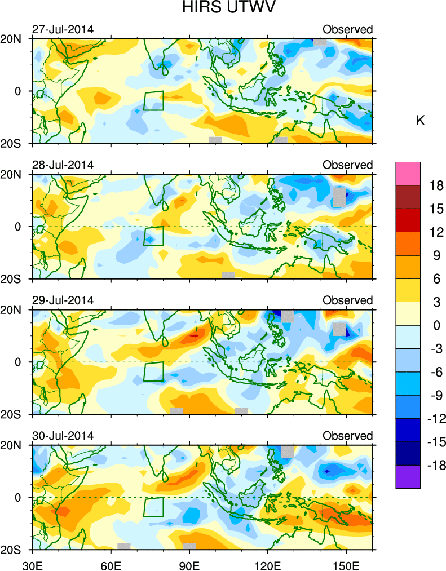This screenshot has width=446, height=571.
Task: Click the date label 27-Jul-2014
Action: (x=63, y=29)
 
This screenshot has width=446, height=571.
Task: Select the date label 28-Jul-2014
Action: (x=63, y=165)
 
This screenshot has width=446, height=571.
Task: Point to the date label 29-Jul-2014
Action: (x=63, y=300)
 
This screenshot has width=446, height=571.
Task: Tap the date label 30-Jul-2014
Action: (x=63, y=436)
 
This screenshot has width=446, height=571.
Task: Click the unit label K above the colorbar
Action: (x=420, y=121)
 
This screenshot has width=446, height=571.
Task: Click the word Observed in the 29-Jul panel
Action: (x=347, y=300)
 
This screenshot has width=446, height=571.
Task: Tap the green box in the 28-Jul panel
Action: (x=153, y=236)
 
